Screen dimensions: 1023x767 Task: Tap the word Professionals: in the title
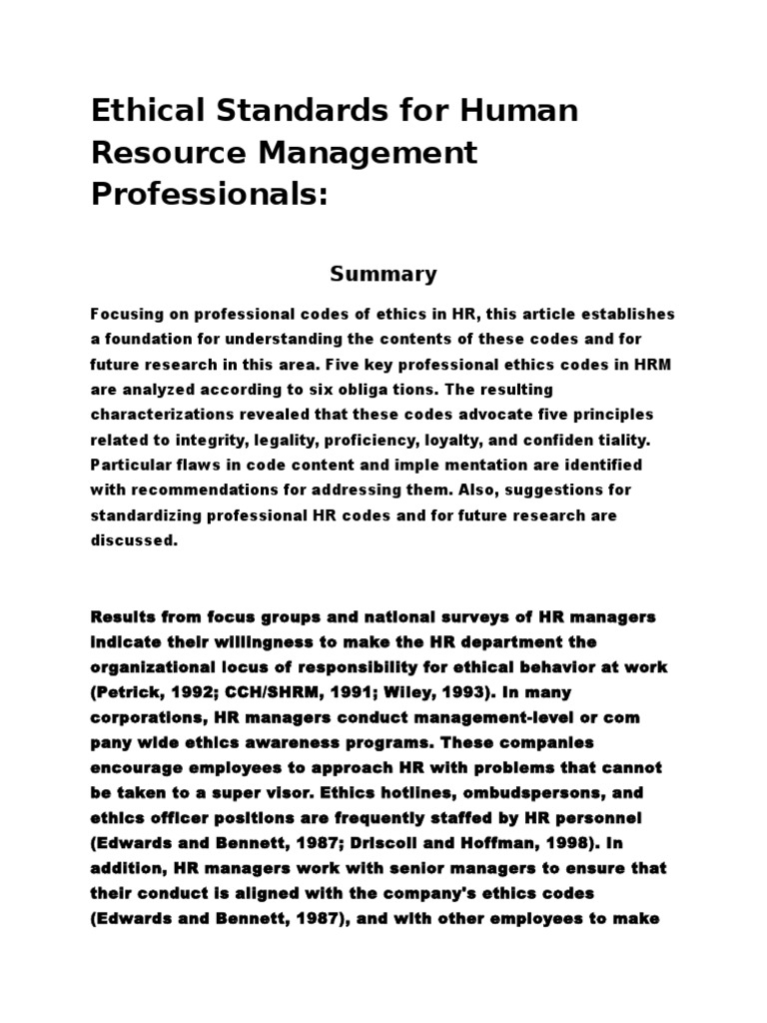210,195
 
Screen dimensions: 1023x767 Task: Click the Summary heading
383,274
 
